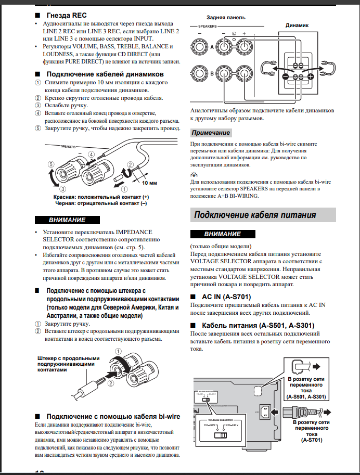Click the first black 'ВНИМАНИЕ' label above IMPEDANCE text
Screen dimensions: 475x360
click(x=62, y=219)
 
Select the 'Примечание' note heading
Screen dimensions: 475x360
click(x=210, y=133)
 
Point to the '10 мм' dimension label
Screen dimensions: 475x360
click(x=148, y=184)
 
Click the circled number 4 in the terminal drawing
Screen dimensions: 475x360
click(x=89, y=155)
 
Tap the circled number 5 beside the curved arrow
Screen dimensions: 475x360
click(x=50, y=164)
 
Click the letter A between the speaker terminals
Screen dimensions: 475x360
click(x=212, y=47)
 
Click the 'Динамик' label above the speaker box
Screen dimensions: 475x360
click(x=297, y=25)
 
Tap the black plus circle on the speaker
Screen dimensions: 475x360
click(x=311, y=77)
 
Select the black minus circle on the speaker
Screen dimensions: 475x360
click(x=285, y=77)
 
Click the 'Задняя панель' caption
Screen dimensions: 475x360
click(x=226, y=18)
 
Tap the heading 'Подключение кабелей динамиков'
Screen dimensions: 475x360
click(x=106, y=74)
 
